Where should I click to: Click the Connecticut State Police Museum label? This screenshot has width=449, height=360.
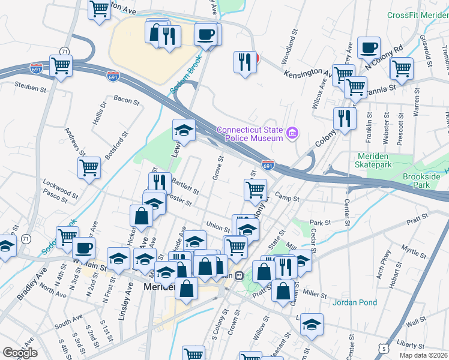click(x=249, y=134)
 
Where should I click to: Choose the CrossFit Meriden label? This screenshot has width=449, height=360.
click(x=417, y=16)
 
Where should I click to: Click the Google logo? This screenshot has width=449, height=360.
click(x=20, y=353)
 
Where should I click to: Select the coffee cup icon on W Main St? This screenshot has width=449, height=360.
click(x=83, y=247)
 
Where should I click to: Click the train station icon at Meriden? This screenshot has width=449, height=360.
click(x=238, y=275)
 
